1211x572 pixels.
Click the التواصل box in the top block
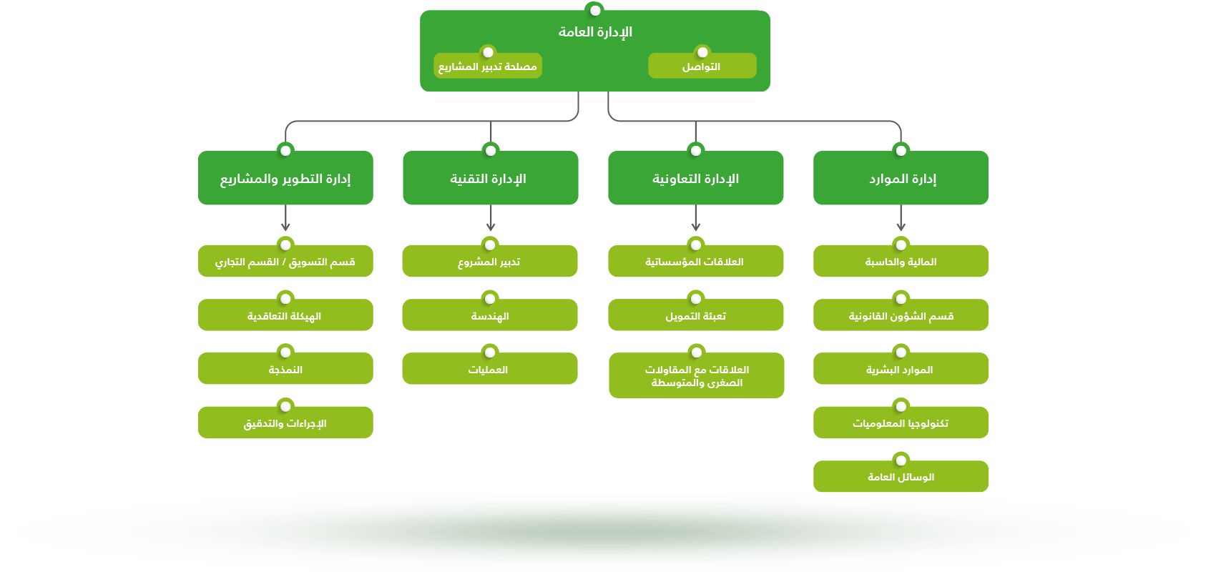[702, 66]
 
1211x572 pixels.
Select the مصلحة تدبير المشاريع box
[488, 66]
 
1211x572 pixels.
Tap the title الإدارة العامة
[595, 32]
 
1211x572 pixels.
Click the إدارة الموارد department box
[901, 179]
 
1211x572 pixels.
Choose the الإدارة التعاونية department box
[695, 179]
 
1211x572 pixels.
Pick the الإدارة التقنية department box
[490, 179]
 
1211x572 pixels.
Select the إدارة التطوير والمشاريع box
[285, 179]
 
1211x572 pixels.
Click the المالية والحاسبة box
[901, 262]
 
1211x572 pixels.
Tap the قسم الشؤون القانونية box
[901, 316]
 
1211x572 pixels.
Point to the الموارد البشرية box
[901, 370]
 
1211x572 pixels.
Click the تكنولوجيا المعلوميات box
[901, 423]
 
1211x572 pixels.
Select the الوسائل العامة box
[901, 477]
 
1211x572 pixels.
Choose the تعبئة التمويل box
[695, 316]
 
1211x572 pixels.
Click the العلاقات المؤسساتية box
[695, 262]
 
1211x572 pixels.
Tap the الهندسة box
[490, 316]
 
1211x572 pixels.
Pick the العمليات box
[490, 370]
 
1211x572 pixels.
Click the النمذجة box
[285, 370]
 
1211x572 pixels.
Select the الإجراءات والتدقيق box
[285, 423]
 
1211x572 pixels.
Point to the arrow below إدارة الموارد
[901, 219]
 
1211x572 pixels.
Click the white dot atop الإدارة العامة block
[594, 10]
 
